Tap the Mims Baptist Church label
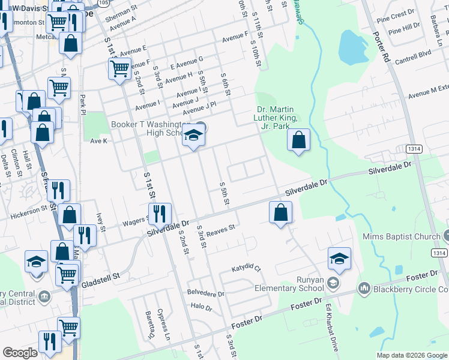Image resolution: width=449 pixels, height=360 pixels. click(x=401, y=236)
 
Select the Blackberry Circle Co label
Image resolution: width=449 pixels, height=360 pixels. click(x=410, y=289)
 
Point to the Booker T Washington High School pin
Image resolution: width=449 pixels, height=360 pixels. click(x=193, y=137)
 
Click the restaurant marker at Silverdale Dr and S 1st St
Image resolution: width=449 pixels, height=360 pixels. click(x=160, y=214)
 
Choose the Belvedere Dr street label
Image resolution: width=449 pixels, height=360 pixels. click(x=206, y=294)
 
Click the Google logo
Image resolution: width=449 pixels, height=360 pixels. click(x=20, y=353)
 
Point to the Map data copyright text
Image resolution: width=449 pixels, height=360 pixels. click(x=412, y=355)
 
